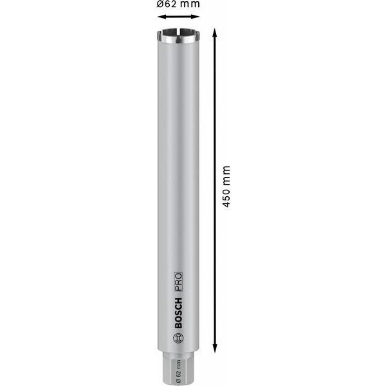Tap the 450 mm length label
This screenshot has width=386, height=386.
(225, 187)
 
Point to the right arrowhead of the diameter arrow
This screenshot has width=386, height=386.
(196, 17)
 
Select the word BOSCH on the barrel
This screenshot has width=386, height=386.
(179, 311)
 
